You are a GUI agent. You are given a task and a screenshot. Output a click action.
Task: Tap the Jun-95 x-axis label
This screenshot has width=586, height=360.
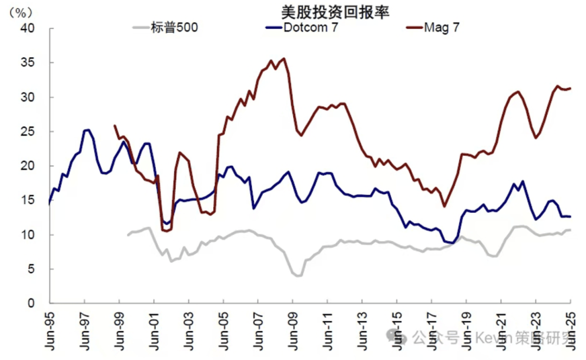coord(50,329)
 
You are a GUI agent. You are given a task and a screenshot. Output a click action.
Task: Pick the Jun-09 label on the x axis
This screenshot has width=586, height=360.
coord(293,329)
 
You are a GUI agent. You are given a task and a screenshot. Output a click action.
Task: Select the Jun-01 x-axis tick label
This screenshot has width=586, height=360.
coord(154,329)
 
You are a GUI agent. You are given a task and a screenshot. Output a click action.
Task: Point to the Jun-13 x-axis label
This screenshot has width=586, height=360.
coord(362,329)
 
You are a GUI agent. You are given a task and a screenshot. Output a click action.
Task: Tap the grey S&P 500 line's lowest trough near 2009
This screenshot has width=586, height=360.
coord(298,276)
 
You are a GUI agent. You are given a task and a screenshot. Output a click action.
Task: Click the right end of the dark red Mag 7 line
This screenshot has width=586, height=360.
coord(570,89)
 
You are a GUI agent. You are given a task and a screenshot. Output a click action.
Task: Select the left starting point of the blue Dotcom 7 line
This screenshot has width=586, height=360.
coord(50,204)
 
